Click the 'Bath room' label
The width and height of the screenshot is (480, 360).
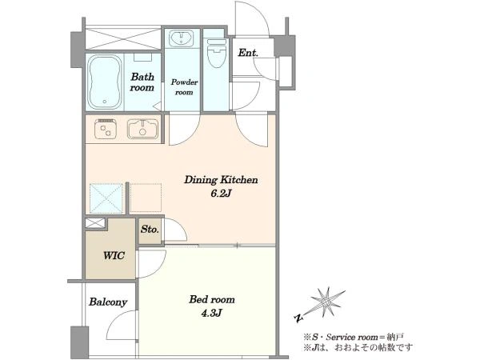[142, 82]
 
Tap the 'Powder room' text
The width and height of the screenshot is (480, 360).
[184, 87]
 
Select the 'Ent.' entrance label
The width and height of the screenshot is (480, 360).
[248, 53]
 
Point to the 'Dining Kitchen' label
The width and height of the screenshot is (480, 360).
[221, 180]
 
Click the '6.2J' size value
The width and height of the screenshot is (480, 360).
[221, 194]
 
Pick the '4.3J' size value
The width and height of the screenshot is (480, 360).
[212, 313]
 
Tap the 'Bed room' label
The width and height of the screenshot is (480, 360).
[212, 299]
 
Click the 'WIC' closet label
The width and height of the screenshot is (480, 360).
[114, 255]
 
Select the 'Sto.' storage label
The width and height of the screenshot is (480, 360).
[150, 229]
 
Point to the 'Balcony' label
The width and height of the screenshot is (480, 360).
[108, 302]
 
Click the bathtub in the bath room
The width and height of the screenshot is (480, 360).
[105, 82]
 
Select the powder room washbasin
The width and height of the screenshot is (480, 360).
[182, 38]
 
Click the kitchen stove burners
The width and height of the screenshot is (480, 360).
[106, 129]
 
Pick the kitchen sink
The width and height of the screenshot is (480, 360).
[143, 129]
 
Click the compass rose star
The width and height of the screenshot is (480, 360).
[325, 303]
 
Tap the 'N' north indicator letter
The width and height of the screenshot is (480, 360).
[298, 318]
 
